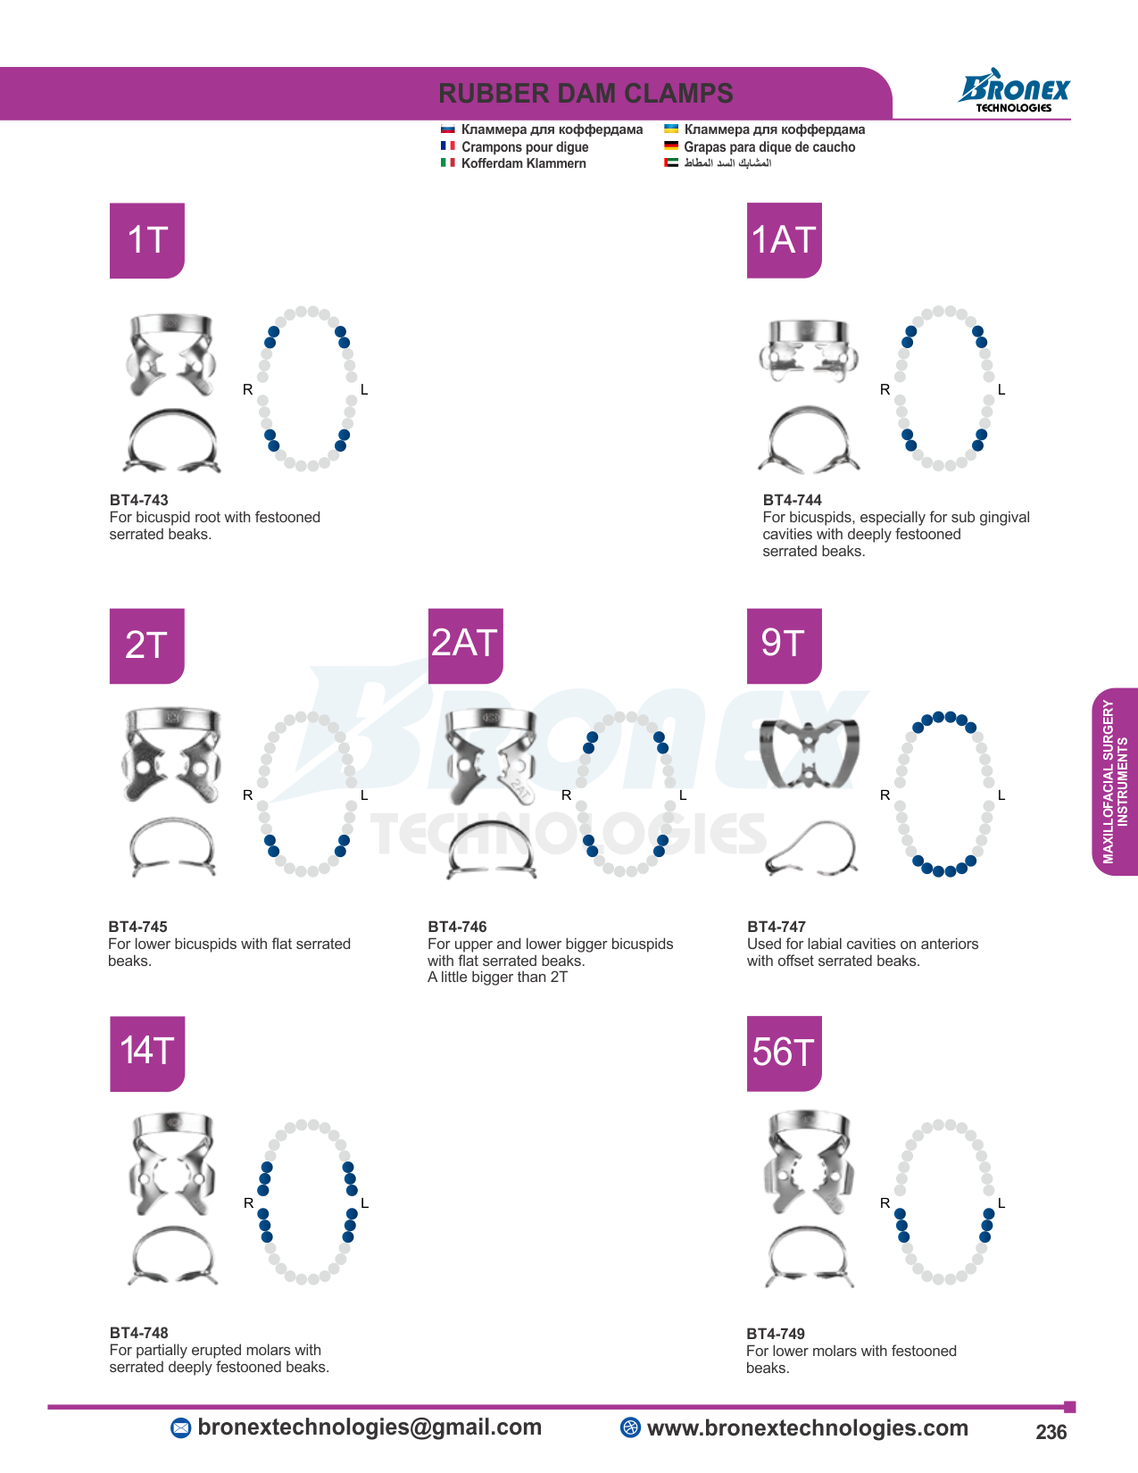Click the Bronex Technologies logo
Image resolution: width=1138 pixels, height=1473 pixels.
pos(1014,90)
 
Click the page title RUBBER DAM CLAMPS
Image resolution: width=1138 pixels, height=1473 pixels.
pos(586,94)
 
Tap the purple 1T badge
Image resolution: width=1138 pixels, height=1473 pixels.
pos(147,241)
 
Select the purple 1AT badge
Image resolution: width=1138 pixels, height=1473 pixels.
pos(785,241)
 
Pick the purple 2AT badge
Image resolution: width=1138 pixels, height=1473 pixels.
pos(466,646)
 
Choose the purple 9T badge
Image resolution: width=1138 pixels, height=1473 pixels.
pos(785,646)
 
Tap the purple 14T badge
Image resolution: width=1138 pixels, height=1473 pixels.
pos(147,1053)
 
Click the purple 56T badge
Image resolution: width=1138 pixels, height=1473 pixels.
pos(785,1053)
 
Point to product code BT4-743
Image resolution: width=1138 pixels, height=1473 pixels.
pos(139,500)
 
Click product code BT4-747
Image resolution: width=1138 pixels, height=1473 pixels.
pos(776,927)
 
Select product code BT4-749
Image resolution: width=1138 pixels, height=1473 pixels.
pos(776,1334)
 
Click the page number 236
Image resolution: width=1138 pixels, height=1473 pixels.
pos(1051,1432)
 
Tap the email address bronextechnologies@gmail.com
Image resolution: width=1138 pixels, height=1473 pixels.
pos(370,1427)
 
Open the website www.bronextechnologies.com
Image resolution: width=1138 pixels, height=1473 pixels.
pos(807,1427)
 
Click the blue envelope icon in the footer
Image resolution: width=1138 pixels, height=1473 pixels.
pos(180,1427)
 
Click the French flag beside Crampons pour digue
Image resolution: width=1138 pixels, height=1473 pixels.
pos(447,146)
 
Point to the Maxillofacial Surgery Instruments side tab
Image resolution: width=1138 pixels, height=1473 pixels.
pos(1115,781)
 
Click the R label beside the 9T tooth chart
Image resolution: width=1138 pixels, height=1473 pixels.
pos(885,795)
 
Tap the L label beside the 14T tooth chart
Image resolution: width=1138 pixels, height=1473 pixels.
pos(365,1203)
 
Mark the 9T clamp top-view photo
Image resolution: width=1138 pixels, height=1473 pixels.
pos(809,753)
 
